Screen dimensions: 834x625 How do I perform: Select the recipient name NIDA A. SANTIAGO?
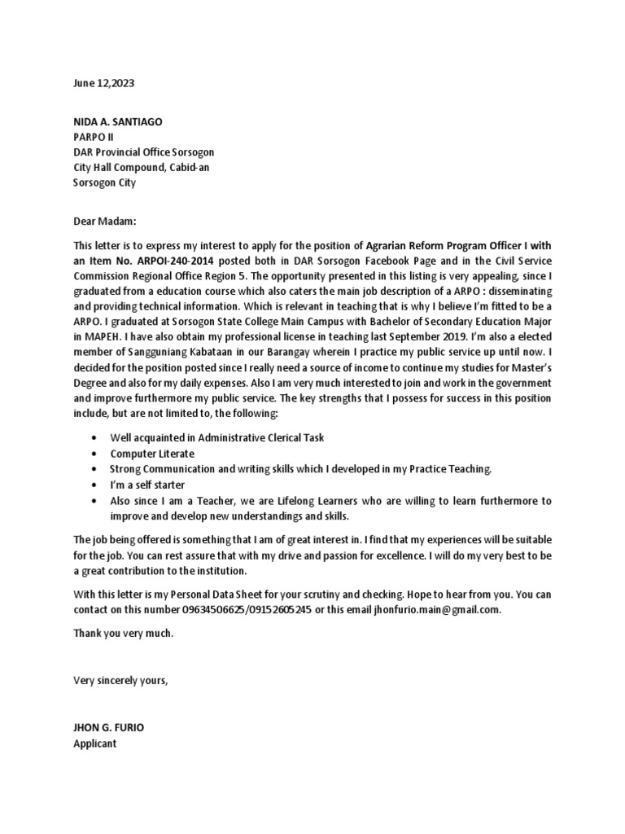tap(118, 121)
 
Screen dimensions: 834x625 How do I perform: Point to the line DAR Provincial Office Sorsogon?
tap(144, 152)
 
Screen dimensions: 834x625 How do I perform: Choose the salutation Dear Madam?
tap(106, 220)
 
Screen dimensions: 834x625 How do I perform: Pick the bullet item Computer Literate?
tap(152, 454)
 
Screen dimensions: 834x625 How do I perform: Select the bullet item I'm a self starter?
tap(147, 485)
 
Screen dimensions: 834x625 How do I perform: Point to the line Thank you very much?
tap(124, 634)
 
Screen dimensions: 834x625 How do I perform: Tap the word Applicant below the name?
tap(95, 744)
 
